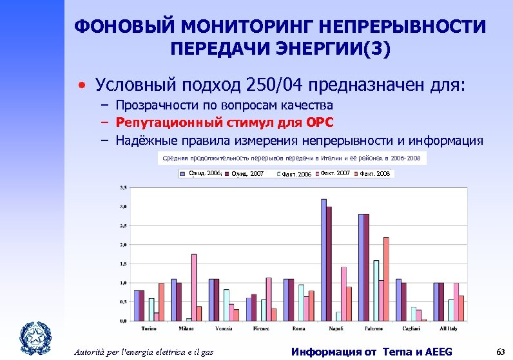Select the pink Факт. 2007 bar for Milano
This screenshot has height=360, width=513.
(193, 287)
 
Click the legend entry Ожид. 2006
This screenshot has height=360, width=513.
(202, 174)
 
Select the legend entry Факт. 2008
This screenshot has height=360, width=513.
(374, 174)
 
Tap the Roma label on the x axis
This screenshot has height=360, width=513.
(298, 328)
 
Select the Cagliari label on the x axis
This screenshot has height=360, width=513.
(411, 328)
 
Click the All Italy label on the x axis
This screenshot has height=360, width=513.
(448, 328)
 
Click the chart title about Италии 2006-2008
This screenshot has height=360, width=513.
(291, 158)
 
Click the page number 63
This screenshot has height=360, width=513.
(499, 351)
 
